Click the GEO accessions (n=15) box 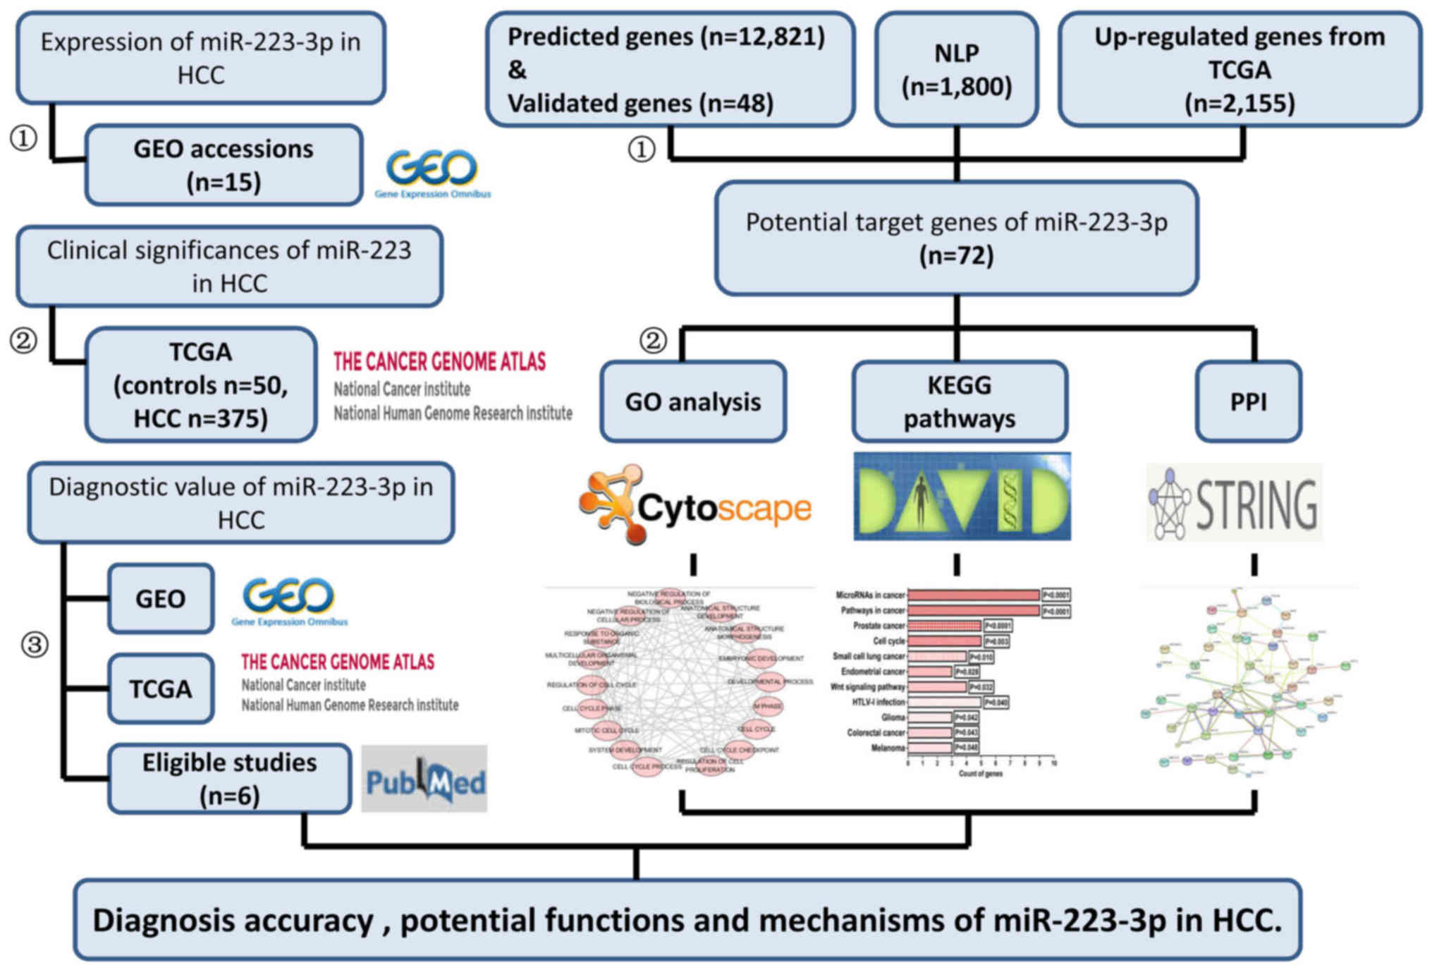coord(224,166)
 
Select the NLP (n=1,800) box coord(956,70)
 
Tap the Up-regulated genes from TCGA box coord(1240,70)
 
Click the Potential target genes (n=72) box coord(956,238)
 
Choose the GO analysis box coord(692,401)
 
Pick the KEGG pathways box coord(959,401)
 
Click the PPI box coord(1248,401)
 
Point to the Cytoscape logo coord(695,505)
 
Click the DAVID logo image coord(962,497)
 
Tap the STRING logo coord(1234,503)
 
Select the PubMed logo coord(424,779)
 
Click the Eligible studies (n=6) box coord(229,779)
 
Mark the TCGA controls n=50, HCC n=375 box coord(201,384)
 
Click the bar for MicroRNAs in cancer coord(973,595)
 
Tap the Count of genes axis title coord(980,774)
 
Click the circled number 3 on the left coord(35,644)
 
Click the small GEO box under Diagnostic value coord(161,599)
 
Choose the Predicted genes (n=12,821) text coord(666,37)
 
